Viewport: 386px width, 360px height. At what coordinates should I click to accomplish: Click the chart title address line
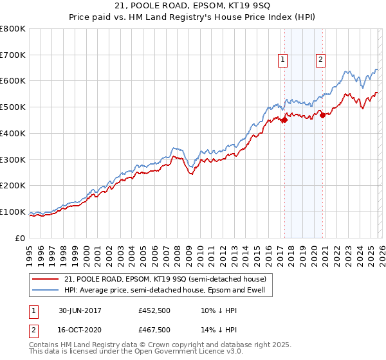click(x=193, y=7)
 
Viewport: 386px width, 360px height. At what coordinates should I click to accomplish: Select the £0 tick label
click(x=20, y=238)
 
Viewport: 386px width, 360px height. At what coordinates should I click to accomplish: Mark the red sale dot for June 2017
click(x=284, y=120)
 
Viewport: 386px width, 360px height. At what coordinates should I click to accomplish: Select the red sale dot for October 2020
click(x=322, y=116)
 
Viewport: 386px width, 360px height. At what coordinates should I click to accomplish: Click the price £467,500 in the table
click(x=154, y=329)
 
